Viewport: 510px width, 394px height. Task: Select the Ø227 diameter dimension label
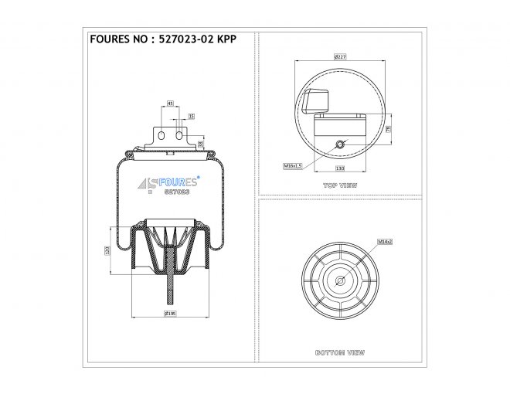coord(339,56)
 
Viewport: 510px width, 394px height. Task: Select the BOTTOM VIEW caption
coord(340,352)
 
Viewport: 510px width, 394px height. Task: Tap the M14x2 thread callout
coord(385,242)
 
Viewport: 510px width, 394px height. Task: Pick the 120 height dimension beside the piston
coord(107,250)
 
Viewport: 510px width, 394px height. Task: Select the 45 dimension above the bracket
coord(170,102)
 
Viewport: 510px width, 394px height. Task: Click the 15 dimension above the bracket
coord(191,115)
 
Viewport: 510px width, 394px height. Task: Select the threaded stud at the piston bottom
coord(168,290)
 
